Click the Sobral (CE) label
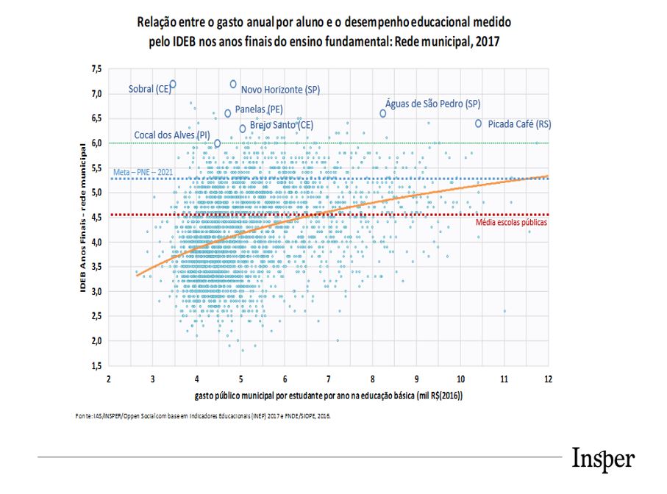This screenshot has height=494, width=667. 149,89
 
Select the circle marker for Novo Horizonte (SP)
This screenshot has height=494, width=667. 233,84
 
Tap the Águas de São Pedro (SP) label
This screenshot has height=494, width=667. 433,104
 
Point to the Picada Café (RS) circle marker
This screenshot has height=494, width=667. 479,124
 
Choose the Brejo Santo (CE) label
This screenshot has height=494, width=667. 282,125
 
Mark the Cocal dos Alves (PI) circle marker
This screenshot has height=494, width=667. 217,143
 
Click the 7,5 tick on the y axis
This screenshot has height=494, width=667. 96,69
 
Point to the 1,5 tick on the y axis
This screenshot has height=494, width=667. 96,365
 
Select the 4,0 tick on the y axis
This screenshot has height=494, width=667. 96,242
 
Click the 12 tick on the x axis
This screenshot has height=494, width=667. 549,379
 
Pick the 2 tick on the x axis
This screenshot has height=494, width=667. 109,379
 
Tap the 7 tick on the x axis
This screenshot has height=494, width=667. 329,379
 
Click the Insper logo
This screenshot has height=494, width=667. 602,459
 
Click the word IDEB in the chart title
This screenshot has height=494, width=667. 187,42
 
